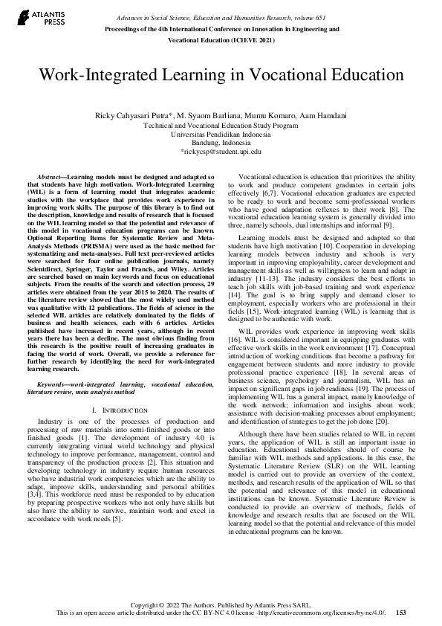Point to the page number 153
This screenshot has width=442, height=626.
point(401,613)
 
